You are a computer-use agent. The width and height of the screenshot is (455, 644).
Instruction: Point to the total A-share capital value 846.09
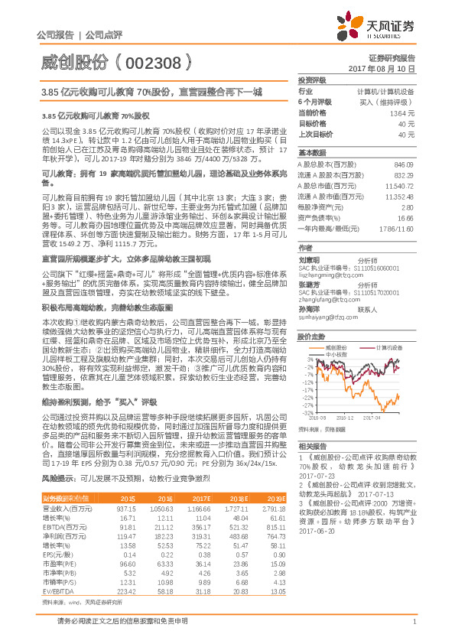[404, 165]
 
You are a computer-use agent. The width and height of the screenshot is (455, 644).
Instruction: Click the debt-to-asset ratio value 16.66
[405, 217]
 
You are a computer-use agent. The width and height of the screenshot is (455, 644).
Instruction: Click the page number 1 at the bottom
[413, 631]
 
